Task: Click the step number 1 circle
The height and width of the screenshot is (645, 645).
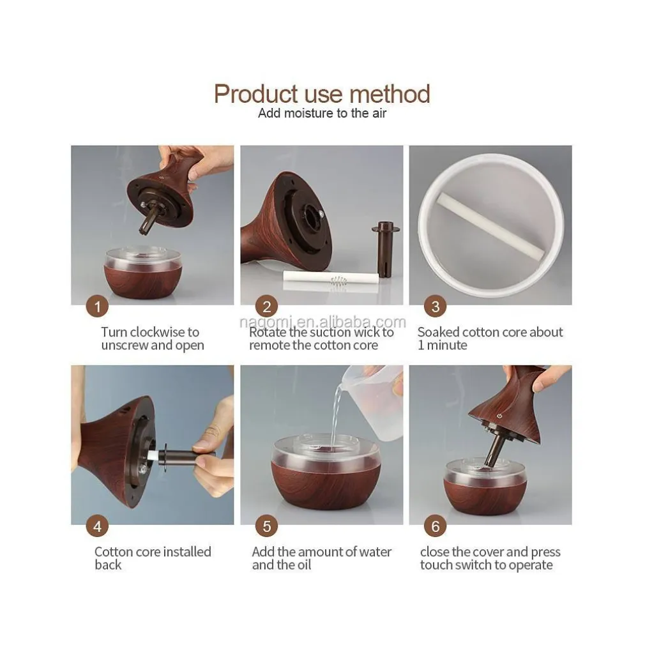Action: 97,307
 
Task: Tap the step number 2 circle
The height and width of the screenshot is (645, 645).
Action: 266,307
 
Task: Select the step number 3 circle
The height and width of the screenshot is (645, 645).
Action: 435,307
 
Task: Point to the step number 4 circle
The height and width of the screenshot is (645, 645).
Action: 97,526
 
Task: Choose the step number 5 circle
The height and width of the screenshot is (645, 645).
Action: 266,526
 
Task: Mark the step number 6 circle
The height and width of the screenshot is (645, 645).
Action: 435,526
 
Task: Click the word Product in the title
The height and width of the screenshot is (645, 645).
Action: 256,94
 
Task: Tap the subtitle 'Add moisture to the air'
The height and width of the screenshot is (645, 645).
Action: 322,113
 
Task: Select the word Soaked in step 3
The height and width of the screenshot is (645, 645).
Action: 440,332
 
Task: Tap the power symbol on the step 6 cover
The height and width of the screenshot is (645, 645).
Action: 499,416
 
